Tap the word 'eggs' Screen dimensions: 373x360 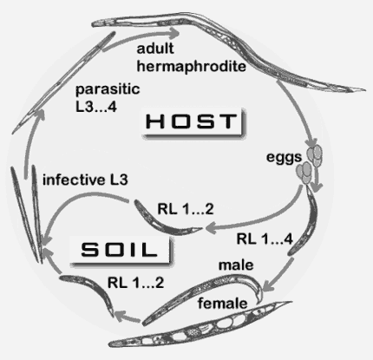284,158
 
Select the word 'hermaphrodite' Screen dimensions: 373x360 192,67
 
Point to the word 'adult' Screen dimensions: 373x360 155,49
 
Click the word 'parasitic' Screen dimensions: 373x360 108,89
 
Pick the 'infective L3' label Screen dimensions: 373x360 85,180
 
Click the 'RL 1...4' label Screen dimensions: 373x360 265,239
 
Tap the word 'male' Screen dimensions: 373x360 236,265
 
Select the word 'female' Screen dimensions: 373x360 223,304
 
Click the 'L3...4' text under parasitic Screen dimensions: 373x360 96,107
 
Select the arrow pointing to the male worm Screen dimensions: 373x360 278,275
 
